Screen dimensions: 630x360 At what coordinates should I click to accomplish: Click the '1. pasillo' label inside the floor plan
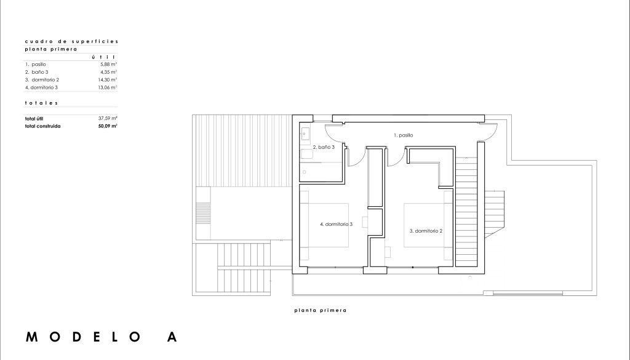click(403, 135)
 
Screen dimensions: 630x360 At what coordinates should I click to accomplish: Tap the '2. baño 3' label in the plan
click(324, 147)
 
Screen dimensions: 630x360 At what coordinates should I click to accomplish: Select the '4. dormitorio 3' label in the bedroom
click(337, 224)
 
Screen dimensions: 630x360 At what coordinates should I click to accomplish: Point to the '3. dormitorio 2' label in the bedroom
click(426, 231)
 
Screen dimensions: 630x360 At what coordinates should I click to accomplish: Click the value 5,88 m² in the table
click(108, 64)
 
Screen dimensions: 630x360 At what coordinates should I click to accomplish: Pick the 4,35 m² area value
click(108, 72)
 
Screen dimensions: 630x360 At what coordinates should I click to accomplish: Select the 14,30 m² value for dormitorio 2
click(107, 79)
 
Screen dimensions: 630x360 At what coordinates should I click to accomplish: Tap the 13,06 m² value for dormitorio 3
click(107, 87)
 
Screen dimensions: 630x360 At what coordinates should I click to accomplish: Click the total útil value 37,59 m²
click(108, 119)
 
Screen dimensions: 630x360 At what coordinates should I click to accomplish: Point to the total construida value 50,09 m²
click(108, 126)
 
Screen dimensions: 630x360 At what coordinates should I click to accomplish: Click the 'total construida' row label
click(42, 126)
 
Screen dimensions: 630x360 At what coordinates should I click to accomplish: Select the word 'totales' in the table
click(41, 103)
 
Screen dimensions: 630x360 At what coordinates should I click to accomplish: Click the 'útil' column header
click(103, 57)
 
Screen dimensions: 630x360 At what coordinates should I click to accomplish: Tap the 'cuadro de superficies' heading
click(72, 41)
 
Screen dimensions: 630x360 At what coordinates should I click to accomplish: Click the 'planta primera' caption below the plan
click(320, 310)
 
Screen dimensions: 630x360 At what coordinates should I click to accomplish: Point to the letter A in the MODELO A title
click(172, 337)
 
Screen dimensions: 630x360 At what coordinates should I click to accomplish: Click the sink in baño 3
click(305, 134)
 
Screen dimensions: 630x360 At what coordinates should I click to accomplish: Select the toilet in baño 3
click(307, 154)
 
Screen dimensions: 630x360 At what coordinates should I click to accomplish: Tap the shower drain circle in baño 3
click(304, 172)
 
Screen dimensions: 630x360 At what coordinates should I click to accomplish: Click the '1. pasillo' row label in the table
click(35, 64)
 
